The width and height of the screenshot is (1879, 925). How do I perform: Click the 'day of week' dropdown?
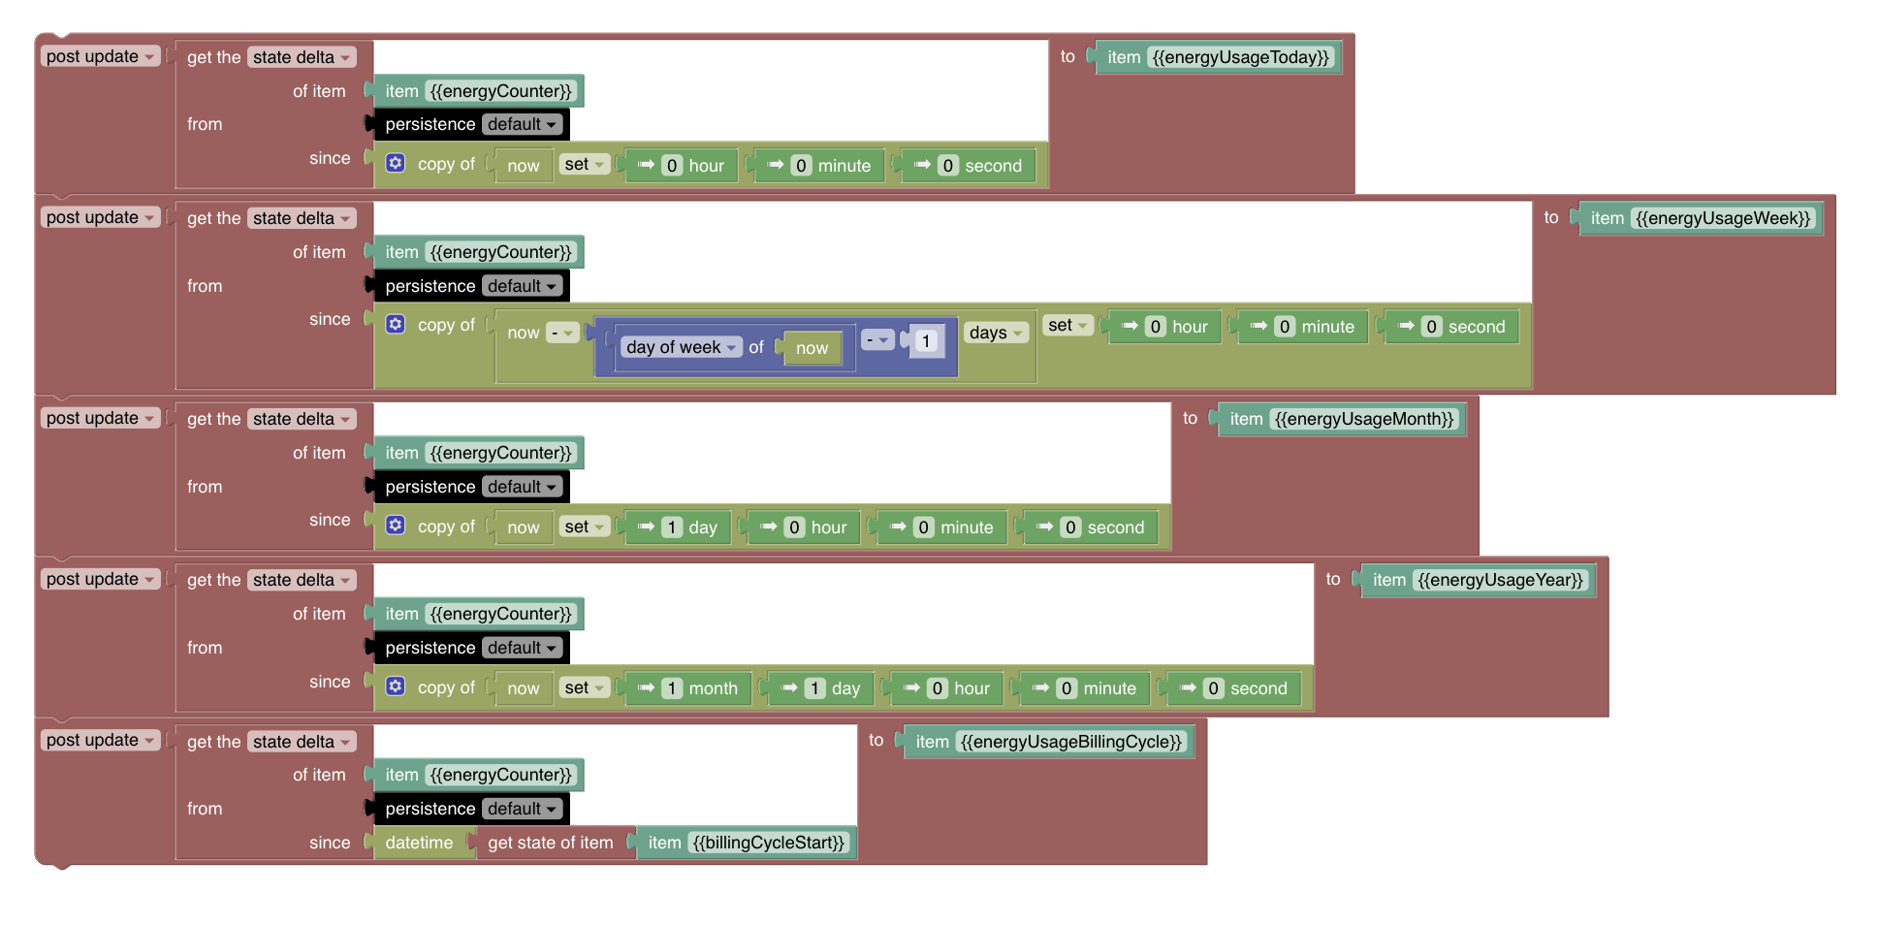(x=682, y=347)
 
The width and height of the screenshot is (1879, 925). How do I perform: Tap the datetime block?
(x=419, y=843)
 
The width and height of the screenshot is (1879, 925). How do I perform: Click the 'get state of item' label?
(x=550, y=843)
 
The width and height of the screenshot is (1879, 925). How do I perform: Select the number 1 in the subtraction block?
(x=926, y=341)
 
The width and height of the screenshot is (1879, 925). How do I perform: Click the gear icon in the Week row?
(x=396, y=324)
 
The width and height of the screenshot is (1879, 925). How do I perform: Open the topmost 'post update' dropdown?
(x=101, y=56)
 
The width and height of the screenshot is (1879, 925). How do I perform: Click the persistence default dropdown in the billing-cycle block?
(x=522, y=809)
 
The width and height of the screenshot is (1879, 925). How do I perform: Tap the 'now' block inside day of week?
(x=812, y=348)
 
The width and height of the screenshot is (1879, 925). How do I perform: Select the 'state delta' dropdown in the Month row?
(x=302, y=419)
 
